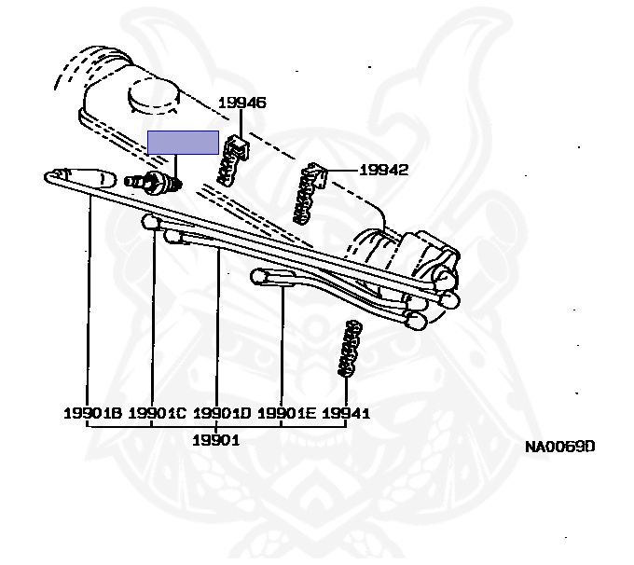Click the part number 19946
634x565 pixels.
click(x=242, y=103)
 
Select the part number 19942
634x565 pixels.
click(x=384, y=170)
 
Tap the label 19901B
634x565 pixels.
click(x=92, y=413)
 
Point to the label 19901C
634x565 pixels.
click(x=157, y=413)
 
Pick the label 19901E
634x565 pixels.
click(x=285, y=413)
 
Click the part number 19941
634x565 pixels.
click(x=346, y=413)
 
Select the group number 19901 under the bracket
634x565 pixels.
click(x=216, y=439)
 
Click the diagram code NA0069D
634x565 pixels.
click(x=558, y=447)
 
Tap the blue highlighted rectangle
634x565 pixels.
click(x=183, y=143)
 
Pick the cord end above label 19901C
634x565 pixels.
click(x=151, y=222)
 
